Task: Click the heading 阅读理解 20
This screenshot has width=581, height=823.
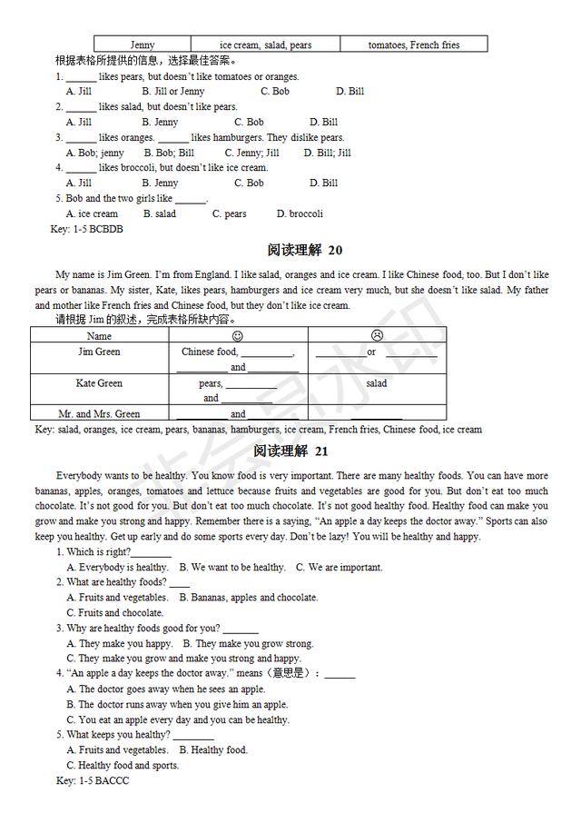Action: pos(304,250)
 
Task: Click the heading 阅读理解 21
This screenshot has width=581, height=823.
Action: pos(304,451)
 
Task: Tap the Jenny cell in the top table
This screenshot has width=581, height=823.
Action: pos(143,45)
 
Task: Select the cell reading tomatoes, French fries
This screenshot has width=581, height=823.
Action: pos(413,45)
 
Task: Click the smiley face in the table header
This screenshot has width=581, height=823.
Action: pos(238,336)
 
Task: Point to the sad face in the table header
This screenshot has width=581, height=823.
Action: pos(377,336)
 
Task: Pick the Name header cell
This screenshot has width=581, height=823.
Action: pos(99,336)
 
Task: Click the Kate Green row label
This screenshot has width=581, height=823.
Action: pos(99,383)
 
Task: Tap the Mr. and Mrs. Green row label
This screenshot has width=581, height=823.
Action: pos(99,414)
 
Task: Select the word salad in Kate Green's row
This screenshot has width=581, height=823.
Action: pos(377,383)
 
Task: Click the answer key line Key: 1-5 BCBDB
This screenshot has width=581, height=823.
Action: pos(87,229)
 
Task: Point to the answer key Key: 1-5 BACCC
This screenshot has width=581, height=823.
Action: pos(93,780)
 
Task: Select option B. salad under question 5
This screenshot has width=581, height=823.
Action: pos(160,213)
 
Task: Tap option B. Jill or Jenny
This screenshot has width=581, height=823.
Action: pos(173,91)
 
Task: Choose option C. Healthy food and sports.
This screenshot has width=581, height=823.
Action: pos(123,765)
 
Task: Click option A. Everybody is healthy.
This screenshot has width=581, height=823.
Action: pos(117,567)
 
